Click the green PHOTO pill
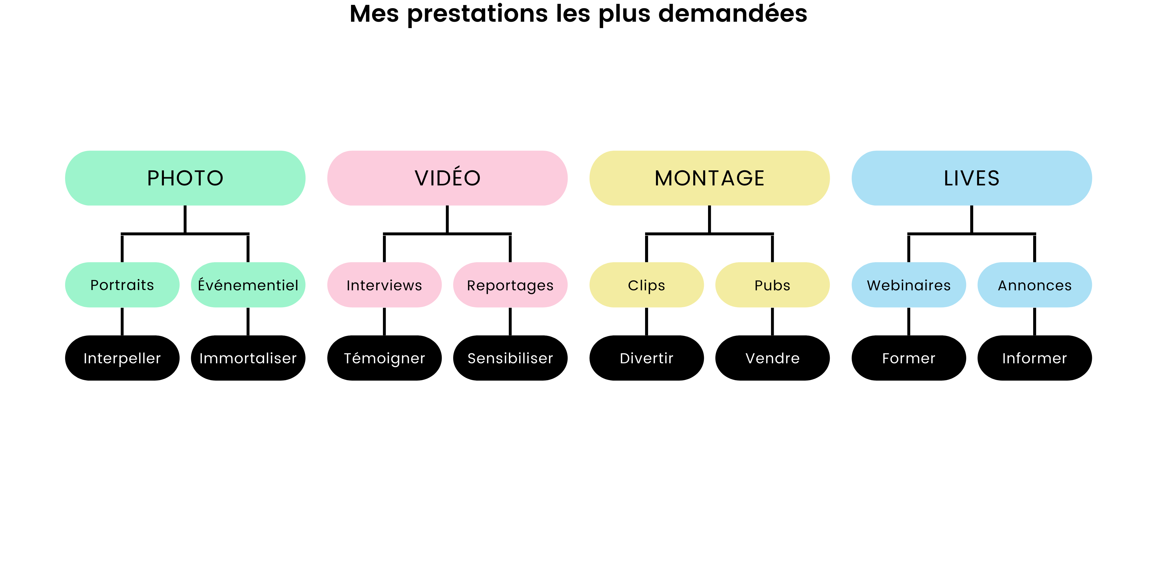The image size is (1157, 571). (185, 178)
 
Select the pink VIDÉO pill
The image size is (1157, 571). (447, 178)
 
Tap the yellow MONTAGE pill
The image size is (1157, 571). (709, 178)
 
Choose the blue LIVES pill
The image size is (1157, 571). (971, 178)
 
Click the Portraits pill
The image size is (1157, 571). (122, 285)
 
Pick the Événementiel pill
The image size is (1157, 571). (248, 285)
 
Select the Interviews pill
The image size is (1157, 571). (384, 285)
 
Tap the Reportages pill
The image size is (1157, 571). (510, 285)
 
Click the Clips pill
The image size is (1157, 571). (646, 285)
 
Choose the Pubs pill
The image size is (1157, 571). (772, 285)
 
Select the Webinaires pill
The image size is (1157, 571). (909, 285)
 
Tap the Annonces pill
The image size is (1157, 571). (1034, 285)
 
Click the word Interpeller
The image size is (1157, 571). (122, 358)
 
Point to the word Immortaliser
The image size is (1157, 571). (248, 358)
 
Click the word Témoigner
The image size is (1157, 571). (384, 358)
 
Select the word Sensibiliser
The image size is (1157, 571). (510, 358)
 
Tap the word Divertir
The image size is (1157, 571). (646, 358)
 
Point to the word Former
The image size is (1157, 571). (909, 358)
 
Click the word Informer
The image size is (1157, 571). (1034, 358)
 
